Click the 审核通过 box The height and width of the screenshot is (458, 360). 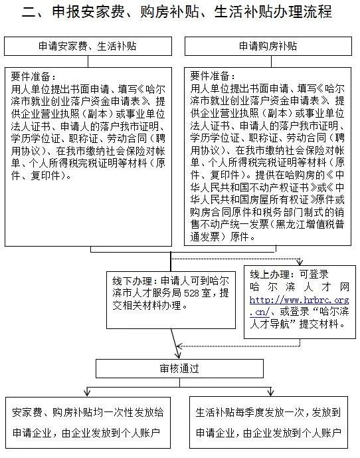click(179, 368)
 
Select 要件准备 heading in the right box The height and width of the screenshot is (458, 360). click(211, 75)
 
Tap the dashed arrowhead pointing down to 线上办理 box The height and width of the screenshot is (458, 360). click(301, 262)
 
